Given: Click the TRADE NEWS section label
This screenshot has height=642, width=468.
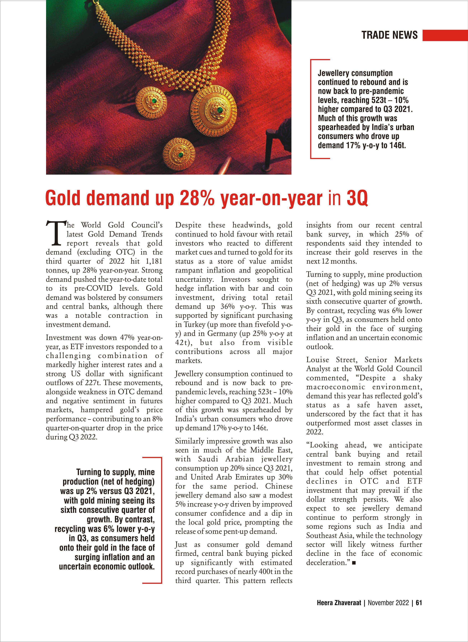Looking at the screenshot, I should pyautogui.click(x=389, y=35).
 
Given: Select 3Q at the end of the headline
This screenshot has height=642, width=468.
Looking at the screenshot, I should pyautogui.click(x=357, y=198).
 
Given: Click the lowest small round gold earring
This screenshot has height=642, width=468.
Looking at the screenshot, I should pyautogui.click(x=179, y=154).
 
